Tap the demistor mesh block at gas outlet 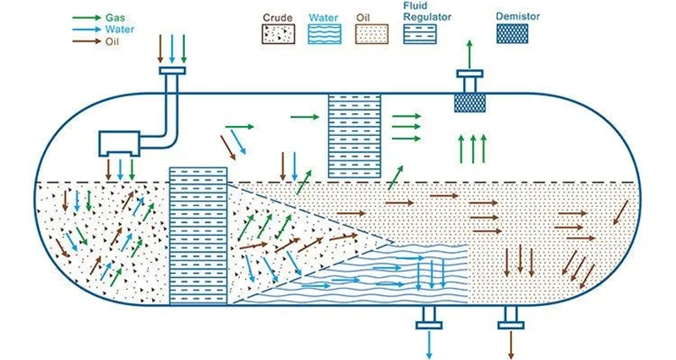[471, 102]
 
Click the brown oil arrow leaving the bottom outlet [510, 342]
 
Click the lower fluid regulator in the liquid [199, 235]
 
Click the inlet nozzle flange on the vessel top [174, 72]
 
